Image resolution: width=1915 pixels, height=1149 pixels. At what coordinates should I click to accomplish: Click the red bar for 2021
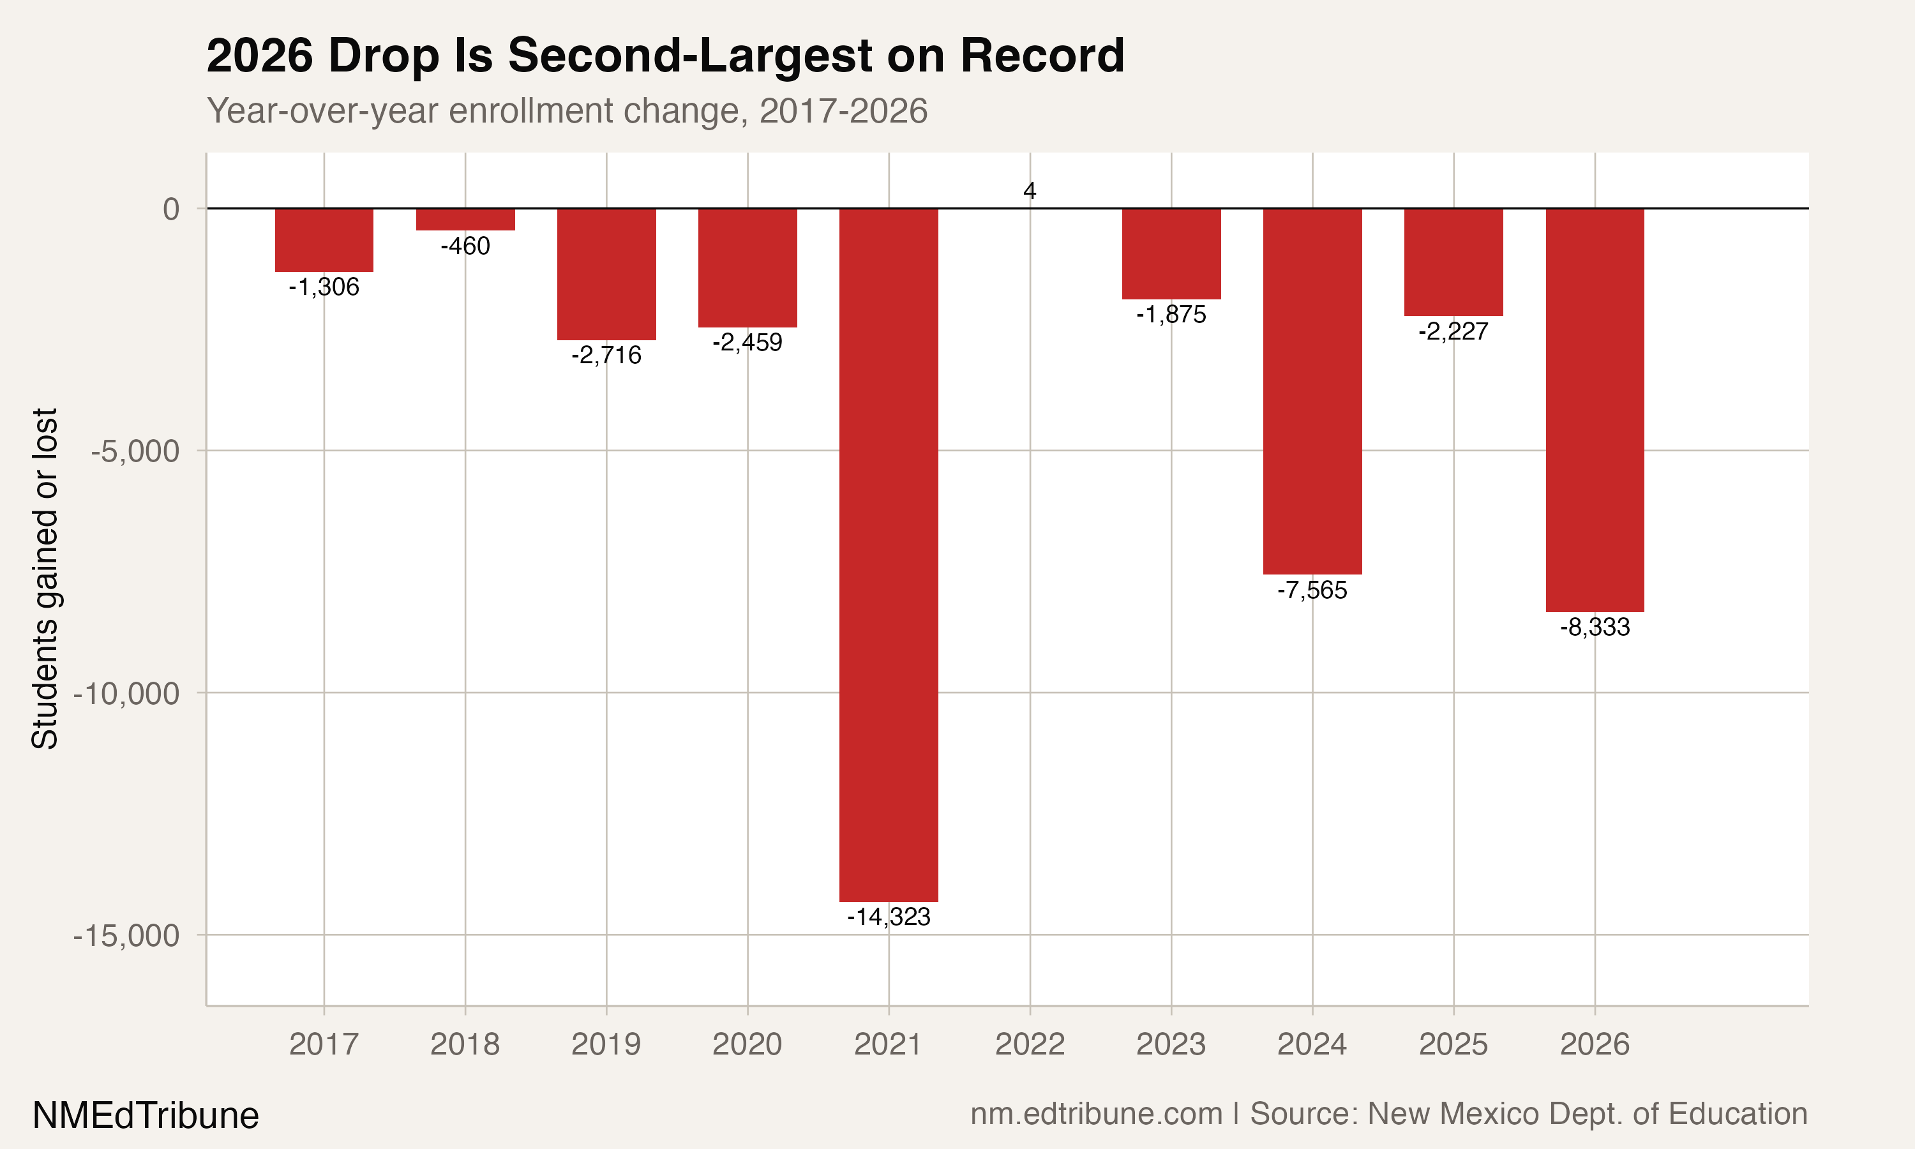coord(889,554)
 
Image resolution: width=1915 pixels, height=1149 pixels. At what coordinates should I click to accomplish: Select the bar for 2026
coord(1595,410)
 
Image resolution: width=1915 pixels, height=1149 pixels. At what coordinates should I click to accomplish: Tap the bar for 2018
coord(465,219)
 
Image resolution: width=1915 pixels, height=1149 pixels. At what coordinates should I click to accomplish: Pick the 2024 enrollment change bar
coord(1312,391)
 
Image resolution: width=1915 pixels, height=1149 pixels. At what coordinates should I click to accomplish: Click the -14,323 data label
coord(889,917)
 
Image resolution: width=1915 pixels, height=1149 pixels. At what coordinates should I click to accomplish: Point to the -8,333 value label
coord(1595,627)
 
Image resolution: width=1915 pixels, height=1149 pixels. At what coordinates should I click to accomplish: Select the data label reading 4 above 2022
coord(1030,190)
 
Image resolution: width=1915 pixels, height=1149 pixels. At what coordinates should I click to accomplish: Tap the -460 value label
coord(465,246)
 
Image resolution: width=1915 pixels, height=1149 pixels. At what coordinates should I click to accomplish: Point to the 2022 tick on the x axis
coord(1030,1044)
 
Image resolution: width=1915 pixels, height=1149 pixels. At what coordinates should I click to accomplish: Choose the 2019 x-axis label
coord(606,1044)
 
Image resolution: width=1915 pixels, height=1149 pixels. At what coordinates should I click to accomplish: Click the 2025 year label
coord(1453,1044)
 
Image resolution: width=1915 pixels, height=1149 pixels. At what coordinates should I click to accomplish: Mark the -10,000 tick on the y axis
coord(126,694)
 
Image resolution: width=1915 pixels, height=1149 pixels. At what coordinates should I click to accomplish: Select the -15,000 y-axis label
coord(126,936)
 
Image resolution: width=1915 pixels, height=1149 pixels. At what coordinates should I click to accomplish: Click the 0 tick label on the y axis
coord(171,209)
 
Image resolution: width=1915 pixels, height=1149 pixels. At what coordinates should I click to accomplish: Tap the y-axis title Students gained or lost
coord(45,578)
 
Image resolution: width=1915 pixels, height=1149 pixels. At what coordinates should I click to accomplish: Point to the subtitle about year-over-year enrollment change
coord(567,110)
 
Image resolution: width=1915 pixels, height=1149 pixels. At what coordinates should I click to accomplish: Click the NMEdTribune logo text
coord(146,1116)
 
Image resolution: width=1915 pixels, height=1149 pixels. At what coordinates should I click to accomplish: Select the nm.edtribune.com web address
coord(1096,1113)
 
